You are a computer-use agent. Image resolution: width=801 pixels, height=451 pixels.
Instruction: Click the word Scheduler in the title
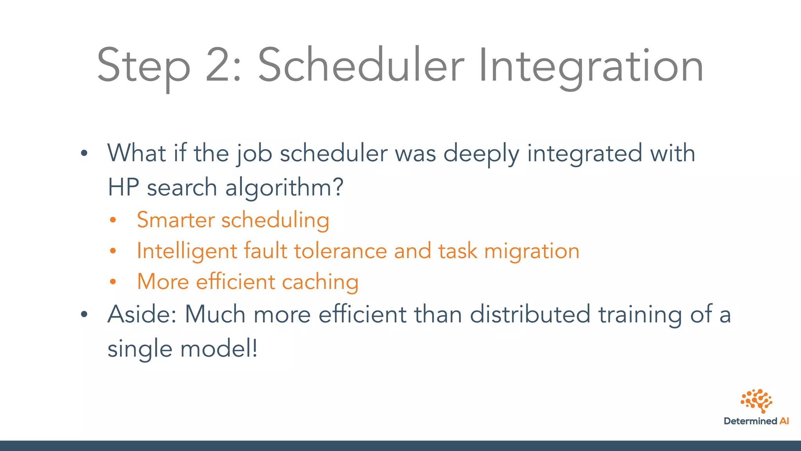361,65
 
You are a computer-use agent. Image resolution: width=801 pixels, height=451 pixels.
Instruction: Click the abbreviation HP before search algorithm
123,188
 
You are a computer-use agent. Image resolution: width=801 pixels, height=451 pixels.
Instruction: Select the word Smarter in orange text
176,220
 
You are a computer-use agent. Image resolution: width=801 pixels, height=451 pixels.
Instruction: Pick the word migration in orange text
532,251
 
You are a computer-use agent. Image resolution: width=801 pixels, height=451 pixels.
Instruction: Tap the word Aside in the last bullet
142,314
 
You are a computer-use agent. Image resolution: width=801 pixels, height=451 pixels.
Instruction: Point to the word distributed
530,314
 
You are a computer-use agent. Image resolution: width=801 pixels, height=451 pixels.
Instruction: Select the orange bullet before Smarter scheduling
113,220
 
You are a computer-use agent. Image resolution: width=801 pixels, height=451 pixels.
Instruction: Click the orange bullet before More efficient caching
113,282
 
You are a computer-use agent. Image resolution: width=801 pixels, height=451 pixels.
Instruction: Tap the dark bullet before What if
84,153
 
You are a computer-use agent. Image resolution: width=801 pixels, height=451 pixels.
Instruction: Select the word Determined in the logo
750,421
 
